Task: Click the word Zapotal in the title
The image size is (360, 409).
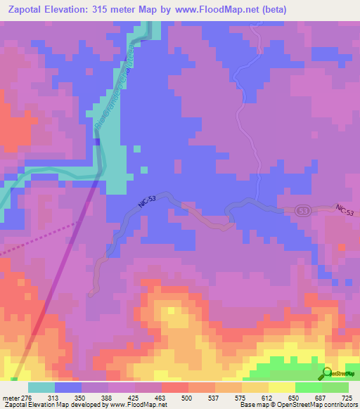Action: click(x=26, y=9)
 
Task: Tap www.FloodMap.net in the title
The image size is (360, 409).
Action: click(x=218, y=9)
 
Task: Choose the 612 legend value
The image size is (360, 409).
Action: click(x=268, y=379)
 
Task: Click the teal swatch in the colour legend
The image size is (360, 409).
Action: click(x=41, y=388)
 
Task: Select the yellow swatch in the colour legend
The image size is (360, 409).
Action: click(x=281, y=388)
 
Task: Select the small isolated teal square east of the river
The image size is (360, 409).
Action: click(x=143, y=169)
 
